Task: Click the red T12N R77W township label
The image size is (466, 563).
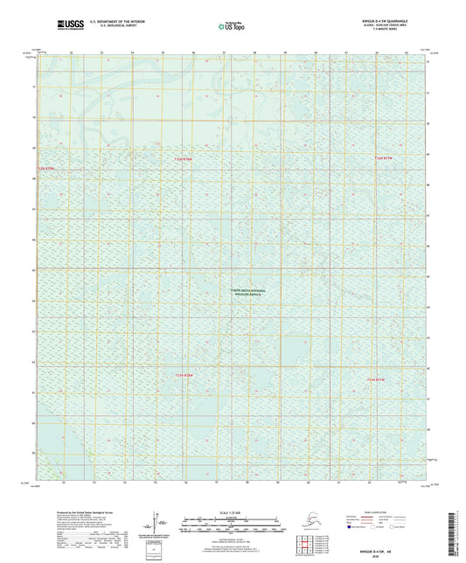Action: (385, 157)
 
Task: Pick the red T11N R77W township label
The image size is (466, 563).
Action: (375, 379)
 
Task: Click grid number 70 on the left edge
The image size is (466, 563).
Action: (35, 116)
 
